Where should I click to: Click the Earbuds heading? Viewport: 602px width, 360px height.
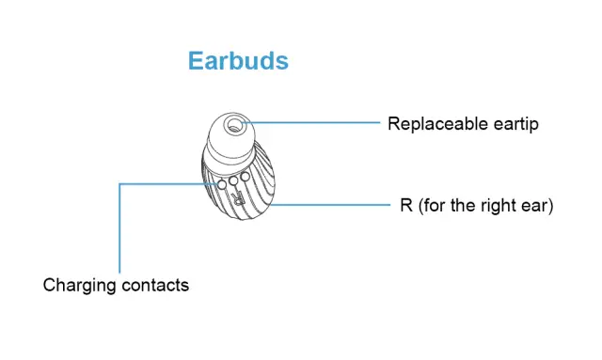click(x=238, y=61)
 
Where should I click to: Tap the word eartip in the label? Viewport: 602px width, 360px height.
click(x=514, y=123)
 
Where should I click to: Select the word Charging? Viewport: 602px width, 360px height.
click(x=79, y=285)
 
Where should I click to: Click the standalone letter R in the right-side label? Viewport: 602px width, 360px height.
click(x=406, y=205)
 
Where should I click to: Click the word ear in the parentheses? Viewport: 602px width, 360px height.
click(x=539, y=205)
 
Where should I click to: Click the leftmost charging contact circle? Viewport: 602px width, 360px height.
click(x=223, y=184)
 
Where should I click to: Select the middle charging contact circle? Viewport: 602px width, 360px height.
click(x=234, y=180)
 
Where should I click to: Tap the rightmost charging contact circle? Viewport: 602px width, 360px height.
click(x=245, y=175)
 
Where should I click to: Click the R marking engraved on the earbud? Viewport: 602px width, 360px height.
click(x=240, y=198)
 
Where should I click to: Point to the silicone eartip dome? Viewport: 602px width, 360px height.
click(x=230, y=136)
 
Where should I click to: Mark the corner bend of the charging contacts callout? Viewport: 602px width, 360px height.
click(x=119, y=184)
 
